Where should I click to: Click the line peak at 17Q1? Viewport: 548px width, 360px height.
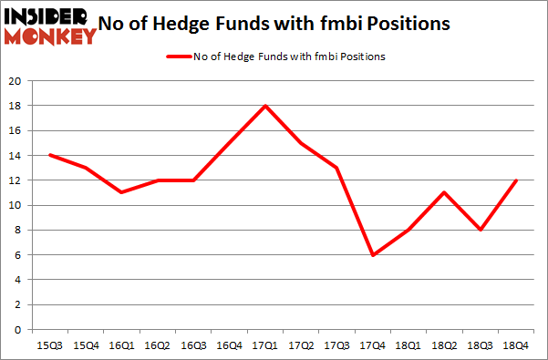(x=265, y=106)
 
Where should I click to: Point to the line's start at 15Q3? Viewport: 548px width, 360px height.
(x=49, y=155)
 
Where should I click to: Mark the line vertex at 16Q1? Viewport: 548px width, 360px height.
(x=123, y=193)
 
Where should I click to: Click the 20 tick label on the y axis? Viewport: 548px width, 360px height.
(x=16, y=81)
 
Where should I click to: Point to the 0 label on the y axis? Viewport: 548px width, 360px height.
(x=18, y=330)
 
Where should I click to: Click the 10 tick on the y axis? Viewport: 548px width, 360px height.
(x=16, y=205)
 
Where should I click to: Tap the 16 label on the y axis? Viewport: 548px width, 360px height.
(x=16, y=130)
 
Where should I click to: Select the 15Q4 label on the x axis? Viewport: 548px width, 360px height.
(x=87, y=346)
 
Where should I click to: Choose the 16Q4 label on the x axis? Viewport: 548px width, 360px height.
(x=229, y=346)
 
